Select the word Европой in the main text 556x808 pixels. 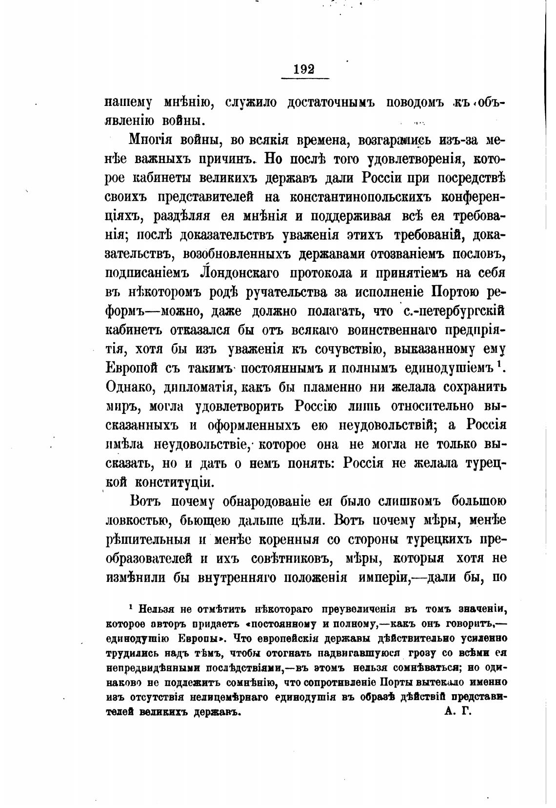131,367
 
